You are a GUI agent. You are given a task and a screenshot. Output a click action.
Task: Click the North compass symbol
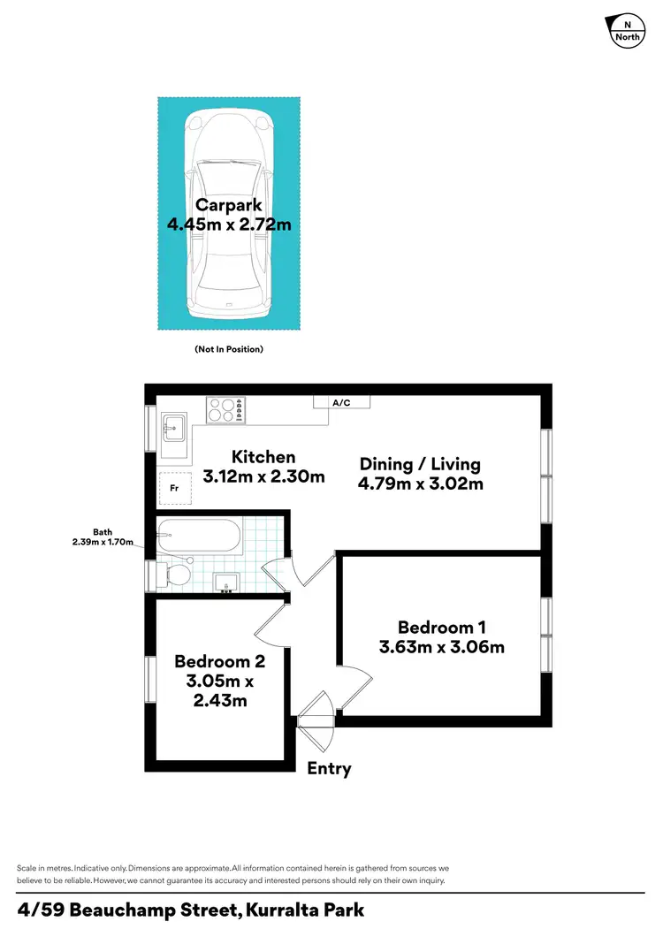627,31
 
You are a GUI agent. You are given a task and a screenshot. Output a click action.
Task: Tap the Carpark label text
229,206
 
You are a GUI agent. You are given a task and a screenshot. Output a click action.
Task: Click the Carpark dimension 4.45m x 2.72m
229,225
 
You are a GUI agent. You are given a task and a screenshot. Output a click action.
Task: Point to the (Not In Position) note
229,349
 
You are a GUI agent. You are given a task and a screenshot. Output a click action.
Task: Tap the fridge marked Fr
172,487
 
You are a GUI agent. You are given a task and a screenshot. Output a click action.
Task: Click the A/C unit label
341,403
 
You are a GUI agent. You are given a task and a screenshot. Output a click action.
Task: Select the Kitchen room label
263,457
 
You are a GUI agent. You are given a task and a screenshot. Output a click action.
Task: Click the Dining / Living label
420,464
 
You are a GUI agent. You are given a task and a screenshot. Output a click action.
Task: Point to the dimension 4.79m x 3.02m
420,484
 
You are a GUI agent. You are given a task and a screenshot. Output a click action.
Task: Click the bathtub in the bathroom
198,536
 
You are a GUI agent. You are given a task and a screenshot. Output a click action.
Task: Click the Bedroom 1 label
441,628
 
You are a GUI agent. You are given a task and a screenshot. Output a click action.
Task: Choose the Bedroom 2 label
219,661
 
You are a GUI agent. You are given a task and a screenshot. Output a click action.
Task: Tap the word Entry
329,769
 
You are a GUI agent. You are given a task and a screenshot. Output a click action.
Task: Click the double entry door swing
315,710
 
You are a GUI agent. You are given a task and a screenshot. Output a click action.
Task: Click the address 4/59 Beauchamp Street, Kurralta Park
191,910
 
